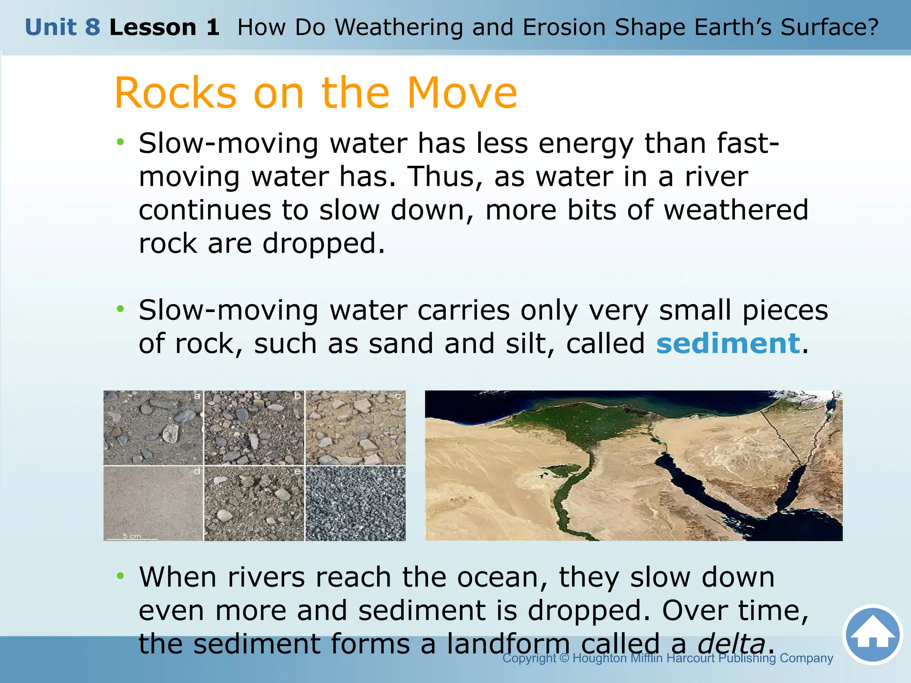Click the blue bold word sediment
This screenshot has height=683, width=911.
pos(728,344)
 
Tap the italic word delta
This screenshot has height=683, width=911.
pos(731,643)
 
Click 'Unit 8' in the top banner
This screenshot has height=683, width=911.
pos(62,27)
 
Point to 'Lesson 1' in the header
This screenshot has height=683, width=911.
pos(164,27)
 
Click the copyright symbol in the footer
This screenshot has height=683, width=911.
pos(564,658)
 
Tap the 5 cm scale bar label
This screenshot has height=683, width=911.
pos(132,536)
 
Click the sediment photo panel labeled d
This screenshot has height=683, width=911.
pos(153,503)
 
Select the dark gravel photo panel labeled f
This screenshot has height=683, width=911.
pos(355,503)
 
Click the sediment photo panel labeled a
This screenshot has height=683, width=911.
pos(153,428)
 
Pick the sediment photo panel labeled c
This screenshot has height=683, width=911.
pos(355,428)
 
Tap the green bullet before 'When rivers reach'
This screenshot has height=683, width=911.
pos(120,576)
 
